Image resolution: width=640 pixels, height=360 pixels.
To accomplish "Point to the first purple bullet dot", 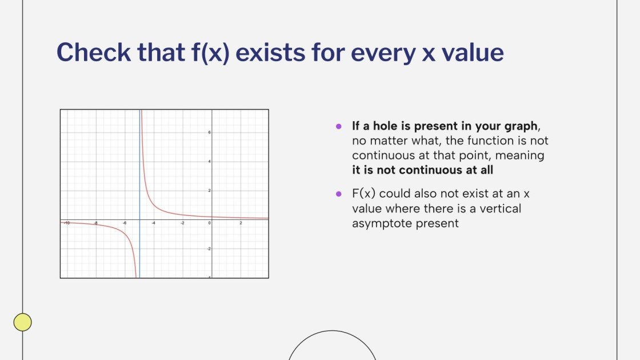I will click(339, 126).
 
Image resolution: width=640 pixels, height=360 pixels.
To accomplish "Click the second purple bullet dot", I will click(339, 194).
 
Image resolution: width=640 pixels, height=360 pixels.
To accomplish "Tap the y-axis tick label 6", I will click(210, 132).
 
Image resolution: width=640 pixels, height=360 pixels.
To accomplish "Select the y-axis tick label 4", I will click(210, 162).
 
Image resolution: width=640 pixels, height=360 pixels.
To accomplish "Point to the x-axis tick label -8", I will click(95, 223).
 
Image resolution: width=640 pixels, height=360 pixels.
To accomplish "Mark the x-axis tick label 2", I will click(241, 223).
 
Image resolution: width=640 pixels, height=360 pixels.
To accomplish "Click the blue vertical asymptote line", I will click(139, 171).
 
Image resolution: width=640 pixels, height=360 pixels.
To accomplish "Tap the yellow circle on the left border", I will click(22, 322).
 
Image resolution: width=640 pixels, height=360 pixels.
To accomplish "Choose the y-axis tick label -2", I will click(209, 249).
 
